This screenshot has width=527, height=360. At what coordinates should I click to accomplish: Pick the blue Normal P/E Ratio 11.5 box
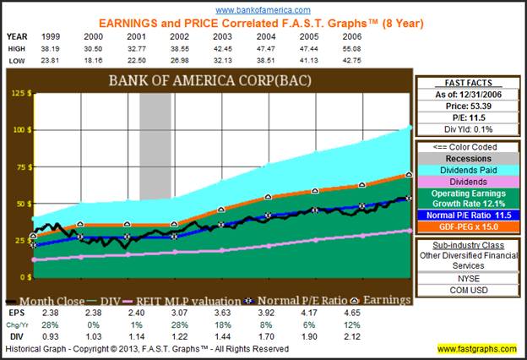click(467, 215)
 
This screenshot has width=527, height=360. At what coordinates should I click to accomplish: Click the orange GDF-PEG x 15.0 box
click(467, 228)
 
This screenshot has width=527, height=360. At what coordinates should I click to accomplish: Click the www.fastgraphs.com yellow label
click(478, 348)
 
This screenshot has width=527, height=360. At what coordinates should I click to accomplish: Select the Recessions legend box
click(467, 158)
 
